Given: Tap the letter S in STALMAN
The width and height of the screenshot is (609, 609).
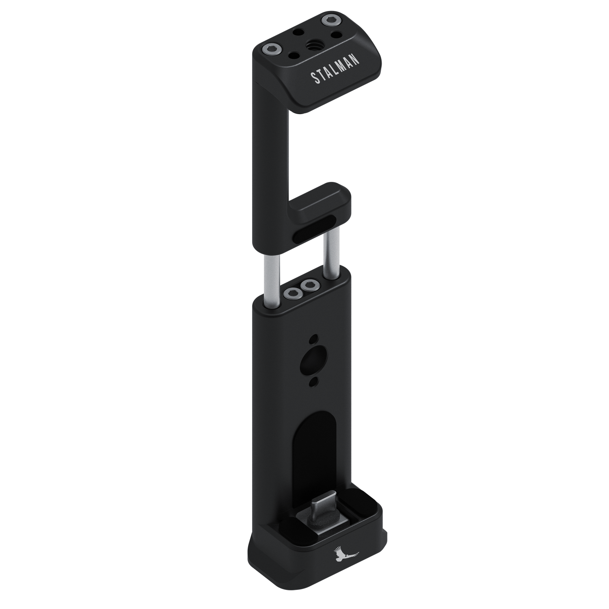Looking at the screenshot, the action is (x=313, y=79).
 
